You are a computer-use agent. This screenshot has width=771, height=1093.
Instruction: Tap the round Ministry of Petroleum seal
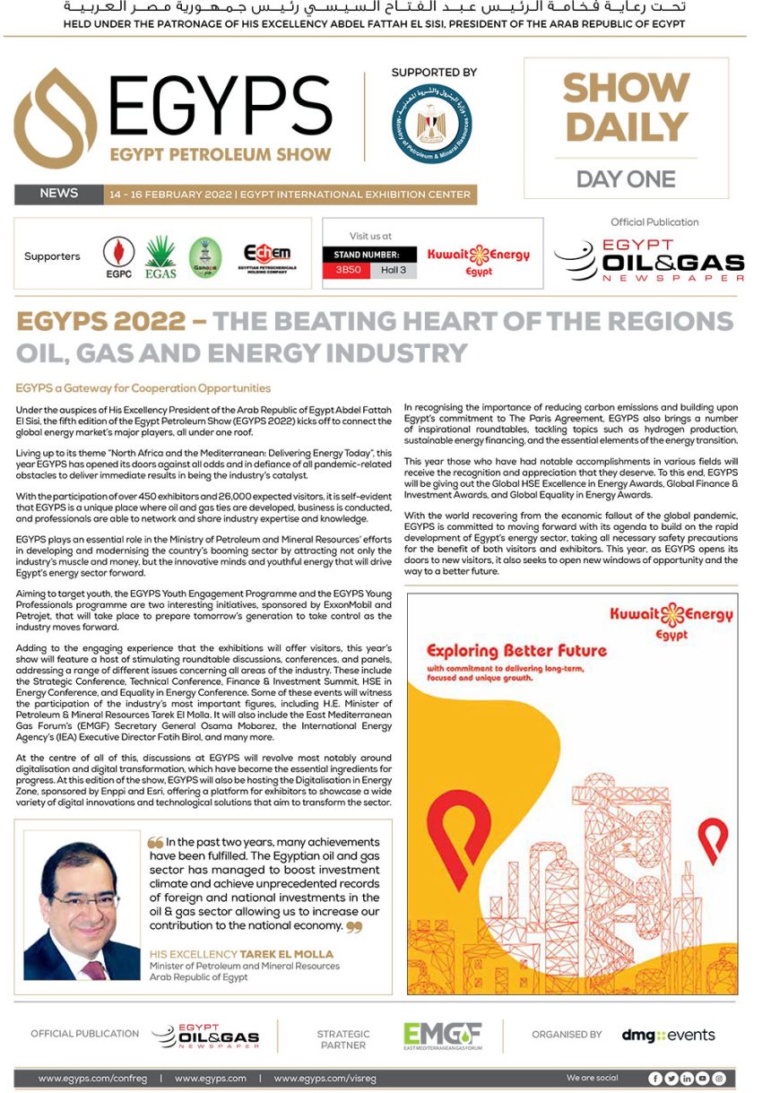click(x=433, y=123)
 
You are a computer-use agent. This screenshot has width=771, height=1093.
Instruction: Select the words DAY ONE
click(x=626, y=179)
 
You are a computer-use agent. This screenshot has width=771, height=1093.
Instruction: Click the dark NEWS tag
click(x=58, y=194)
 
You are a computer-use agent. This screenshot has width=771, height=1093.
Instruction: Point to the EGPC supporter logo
click(x=118, y=256)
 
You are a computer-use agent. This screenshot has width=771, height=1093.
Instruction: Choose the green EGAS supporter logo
click(x=160, y=256)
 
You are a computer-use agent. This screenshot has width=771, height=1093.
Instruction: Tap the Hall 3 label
click(x=394, y=270)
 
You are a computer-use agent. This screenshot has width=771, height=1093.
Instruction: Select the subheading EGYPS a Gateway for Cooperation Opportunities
click(x=143, y=388)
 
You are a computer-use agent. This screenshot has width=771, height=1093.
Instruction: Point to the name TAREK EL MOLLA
click(x=286, y=954)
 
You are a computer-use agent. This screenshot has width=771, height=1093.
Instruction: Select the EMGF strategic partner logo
click(x=442, y=1036)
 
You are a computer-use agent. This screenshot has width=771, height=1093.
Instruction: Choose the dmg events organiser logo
click(x=668, y=1036)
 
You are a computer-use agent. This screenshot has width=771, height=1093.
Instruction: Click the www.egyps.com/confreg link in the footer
click(x=92, y=1079)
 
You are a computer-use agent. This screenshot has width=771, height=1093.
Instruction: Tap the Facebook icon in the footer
click(x=655, y=1079)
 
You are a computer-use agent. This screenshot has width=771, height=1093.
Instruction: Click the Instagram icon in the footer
click(x=718, y=1079)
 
